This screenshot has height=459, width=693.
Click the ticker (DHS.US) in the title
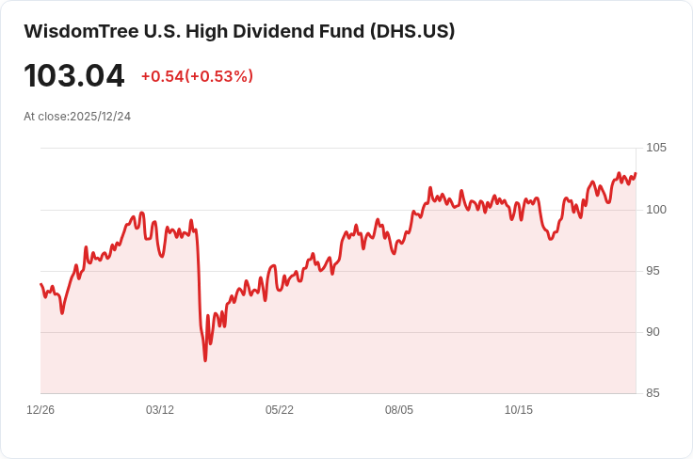(x=411, y=31)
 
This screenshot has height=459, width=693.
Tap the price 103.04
(x=74, y=75)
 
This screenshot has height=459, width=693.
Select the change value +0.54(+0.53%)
(x=197, y=76)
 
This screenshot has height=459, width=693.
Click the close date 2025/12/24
(x=101, y=117)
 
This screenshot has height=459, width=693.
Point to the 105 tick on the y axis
(x=656, y=149)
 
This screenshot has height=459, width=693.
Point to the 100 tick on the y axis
(x=656, y=210)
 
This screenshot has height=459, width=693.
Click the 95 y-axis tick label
(x=653, y=271)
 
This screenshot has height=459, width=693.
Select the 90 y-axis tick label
(x=653, y=332)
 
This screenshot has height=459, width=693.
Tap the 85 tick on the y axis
(x=653, y=393)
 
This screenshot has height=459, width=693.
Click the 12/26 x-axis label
(x=40, y=410)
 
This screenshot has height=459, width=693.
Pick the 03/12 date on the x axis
(x=160, y=410)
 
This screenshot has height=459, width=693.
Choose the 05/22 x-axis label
(x=280, y=410)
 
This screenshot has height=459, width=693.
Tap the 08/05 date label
(x=399, y=410)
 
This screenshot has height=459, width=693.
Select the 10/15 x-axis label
(x=519, y=410)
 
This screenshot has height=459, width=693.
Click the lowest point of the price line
(x=205, y=360)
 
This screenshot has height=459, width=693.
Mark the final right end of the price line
(x=636, y=173)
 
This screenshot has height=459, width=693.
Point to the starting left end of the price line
(x=40, y=284)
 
